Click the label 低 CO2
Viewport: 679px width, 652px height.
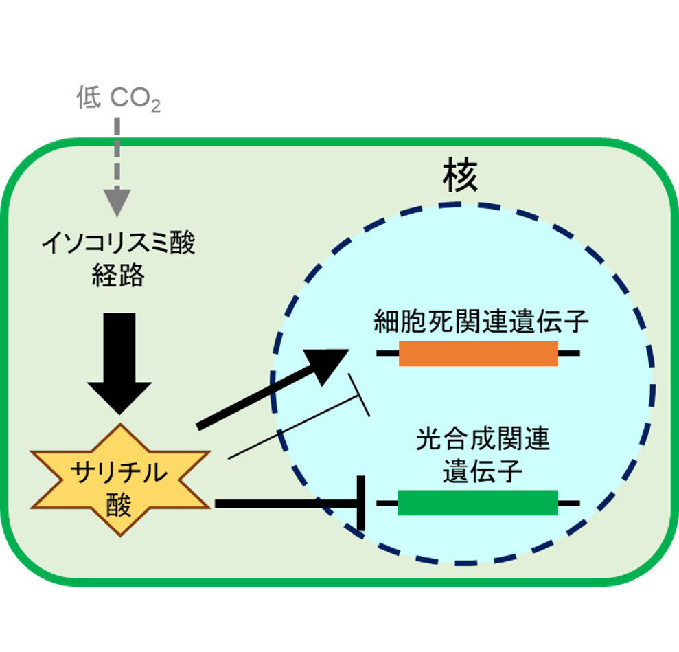coord(118,100)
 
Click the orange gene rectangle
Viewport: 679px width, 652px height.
coord(479,353)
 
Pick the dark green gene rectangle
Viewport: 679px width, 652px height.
coord(478,503)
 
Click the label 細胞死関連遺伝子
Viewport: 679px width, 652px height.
coord(481,322)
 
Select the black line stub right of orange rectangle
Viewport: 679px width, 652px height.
coord(569,353)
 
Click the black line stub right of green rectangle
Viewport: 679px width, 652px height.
coord(569,503)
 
